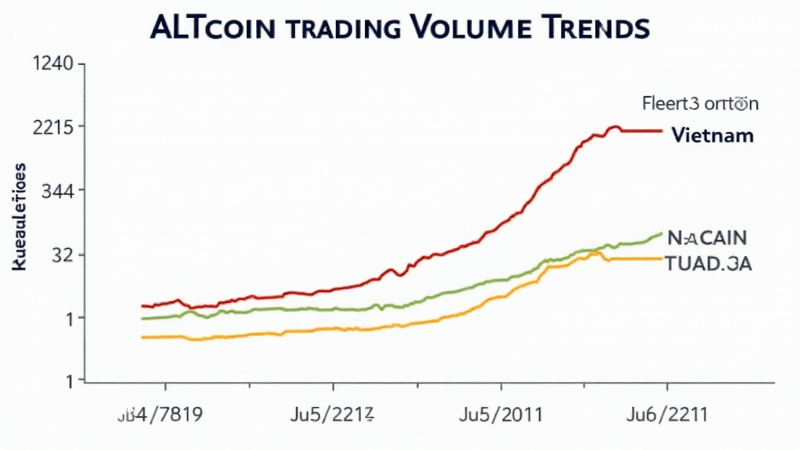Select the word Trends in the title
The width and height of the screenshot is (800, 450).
[x=597, y=27]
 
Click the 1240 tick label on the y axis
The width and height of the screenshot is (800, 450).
[x=51, y=65]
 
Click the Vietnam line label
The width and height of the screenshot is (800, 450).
[x=712, y=135]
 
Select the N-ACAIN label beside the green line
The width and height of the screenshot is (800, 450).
[x=707, y=237]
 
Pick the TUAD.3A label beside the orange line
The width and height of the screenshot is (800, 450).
[x=709, y=263]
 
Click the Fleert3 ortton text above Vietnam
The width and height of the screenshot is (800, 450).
[x=700, y=102]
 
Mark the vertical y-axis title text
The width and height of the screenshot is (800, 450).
[x=20, y=217]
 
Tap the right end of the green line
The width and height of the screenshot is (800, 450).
[x=662, y=233]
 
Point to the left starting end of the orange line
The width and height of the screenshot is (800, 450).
[x=142, y=337]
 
